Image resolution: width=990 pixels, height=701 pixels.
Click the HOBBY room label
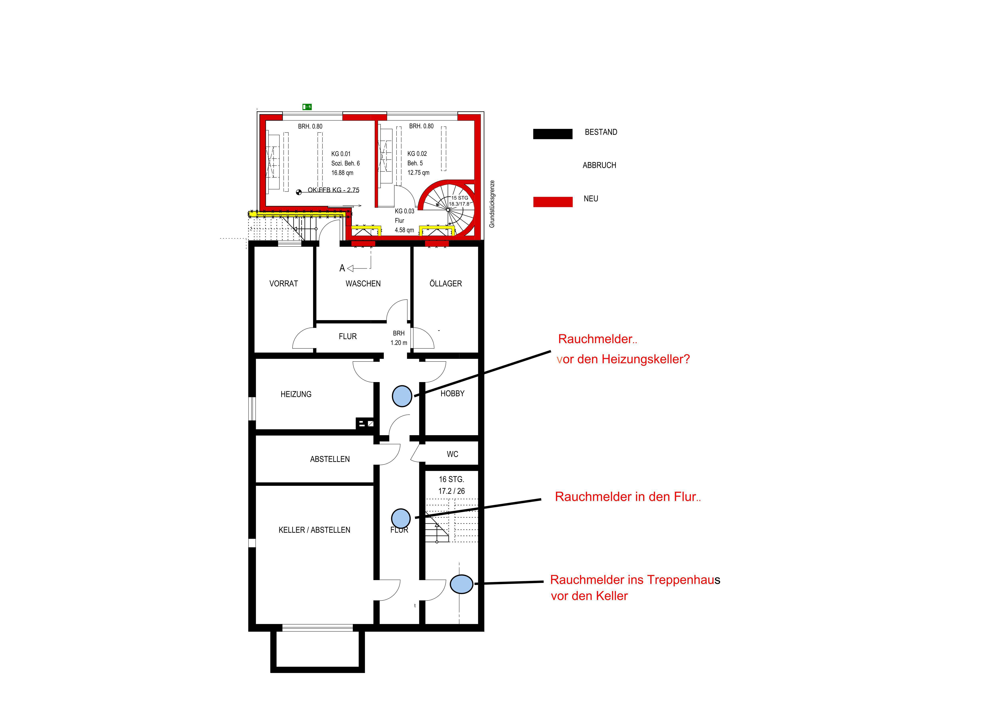tap(452, 394)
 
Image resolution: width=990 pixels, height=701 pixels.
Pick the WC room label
tap(452, 454)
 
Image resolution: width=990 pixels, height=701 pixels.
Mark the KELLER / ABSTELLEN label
tap(314, 530)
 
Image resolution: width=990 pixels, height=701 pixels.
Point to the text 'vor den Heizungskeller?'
tap(623, 359)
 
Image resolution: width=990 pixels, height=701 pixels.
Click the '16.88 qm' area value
tap(342, 173)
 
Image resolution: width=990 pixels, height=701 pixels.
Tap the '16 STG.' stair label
tap(451, 479)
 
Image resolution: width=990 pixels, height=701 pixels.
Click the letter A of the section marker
tap(342, 268)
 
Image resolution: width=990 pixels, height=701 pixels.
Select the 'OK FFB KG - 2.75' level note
tap(333, 190)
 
